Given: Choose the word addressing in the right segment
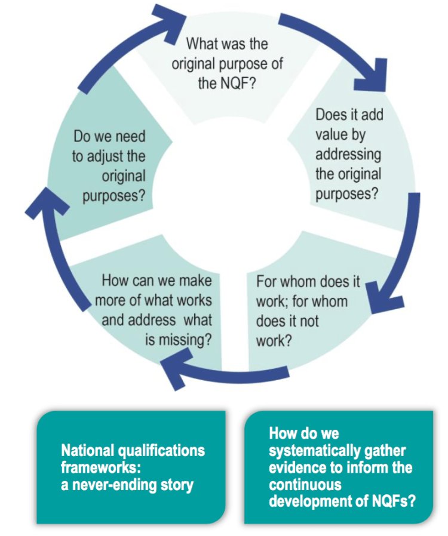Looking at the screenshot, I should point(348,154).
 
